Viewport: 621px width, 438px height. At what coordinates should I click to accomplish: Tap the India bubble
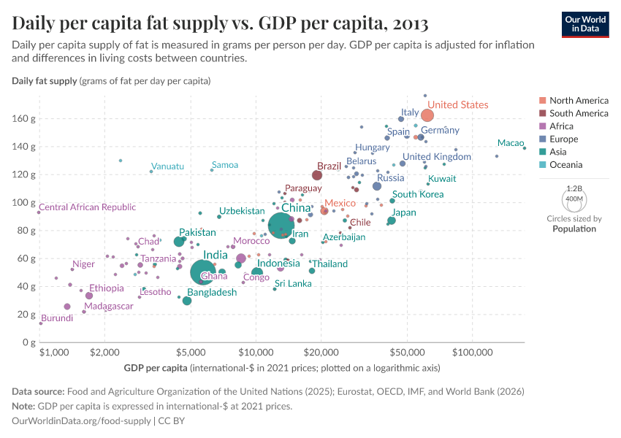tap(205, 272)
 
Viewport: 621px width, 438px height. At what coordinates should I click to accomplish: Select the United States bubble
tap(427, 115)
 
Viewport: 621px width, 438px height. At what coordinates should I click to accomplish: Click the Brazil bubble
tap(317, 175)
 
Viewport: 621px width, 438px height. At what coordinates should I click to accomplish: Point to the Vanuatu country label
tap(167, 166)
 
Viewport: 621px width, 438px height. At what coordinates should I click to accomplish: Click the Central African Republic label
tap(88, 207)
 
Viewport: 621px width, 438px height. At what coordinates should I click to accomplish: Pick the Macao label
tap(511, 143)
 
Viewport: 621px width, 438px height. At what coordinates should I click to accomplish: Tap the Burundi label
tap(57, 318)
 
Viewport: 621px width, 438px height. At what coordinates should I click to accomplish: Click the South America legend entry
tap(579, 113)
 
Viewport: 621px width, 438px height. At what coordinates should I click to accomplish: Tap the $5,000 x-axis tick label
tap(191, 352)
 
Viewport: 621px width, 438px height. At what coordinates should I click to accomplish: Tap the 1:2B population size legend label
tap(574, 188)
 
